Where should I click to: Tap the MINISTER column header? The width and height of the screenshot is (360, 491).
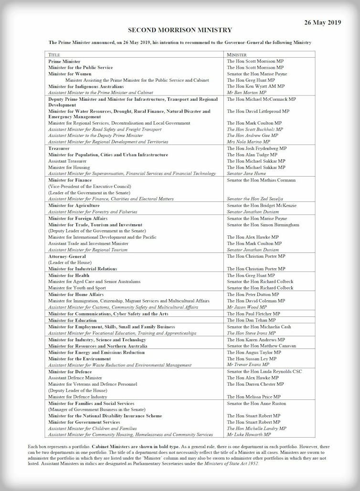point(237,55)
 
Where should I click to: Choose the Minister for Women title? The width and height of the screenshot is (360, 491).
point(70,74)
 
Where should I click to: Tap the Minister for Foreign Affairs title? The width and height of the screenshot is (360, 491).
point(77,218)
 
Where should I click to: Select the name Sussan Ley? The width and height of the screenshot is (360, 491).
point(254,358)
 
